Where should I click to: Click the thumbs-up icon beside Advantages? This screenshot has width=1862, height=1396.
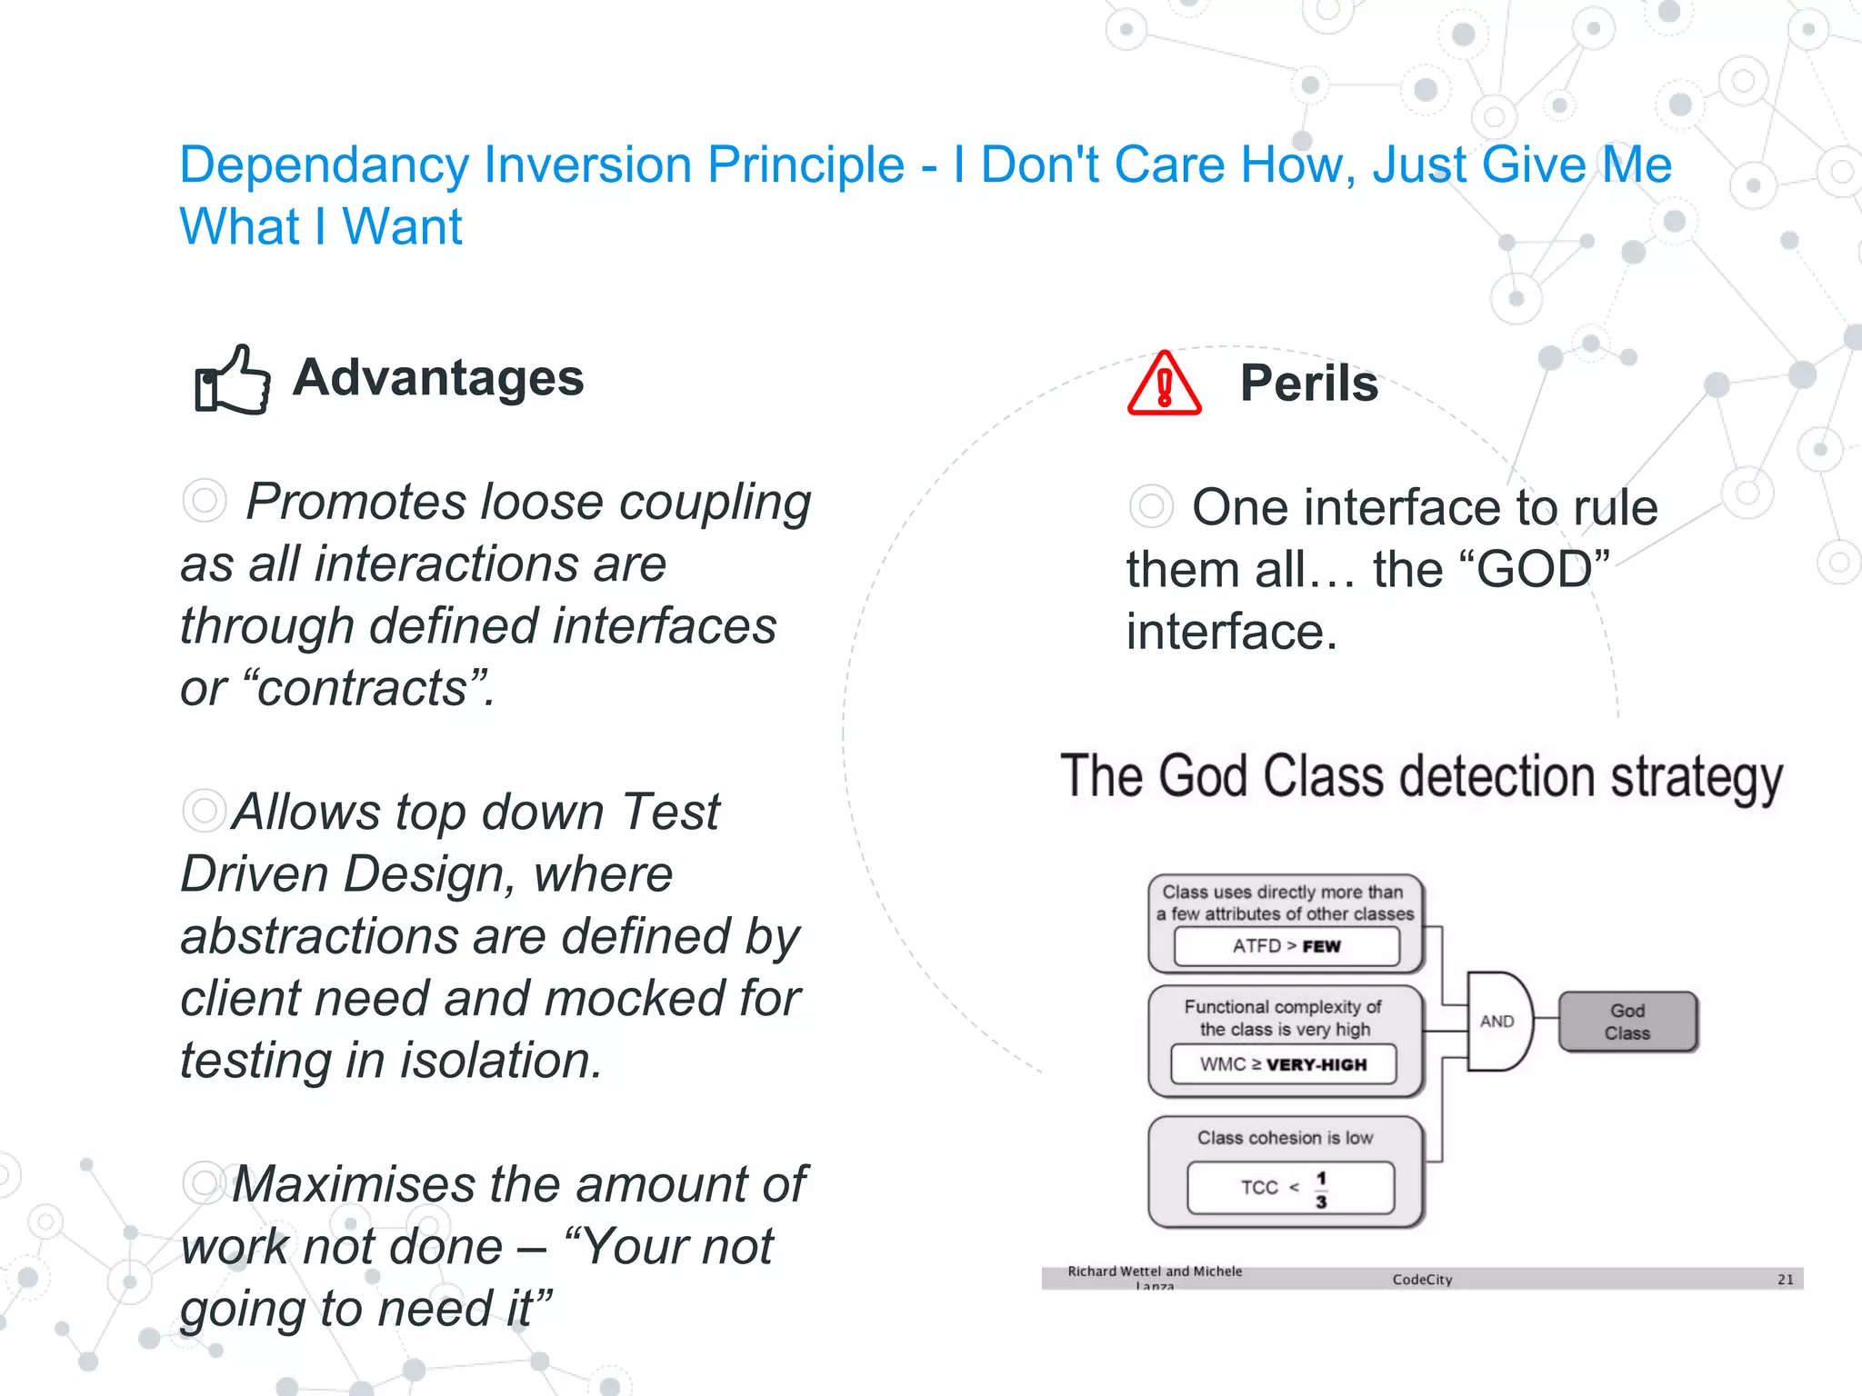pos(233,380)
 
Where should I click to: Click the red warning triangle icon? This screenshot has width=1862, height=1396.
pos(1164,385)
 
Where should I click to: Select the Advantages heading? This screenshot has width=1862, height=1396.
pos(437,377)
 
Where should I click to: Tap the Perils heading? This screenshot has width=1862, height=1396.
pos(1308,383)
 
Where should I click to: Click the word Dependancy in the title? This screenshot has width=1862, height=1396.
pos(324,165)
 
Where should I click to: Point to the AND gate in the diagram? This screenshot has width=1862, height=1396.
pos(1498,1021)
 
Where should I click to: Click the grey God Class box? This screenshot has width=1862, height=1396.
pos(1627,1022)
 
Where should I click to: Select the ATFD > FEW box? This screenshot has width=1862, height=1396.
pos(1286,946)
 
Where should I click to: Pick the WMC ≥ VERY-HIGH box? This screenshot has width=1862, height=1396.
pos(1283,1064)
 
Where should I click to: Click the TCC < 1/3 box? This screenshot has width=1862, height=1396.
pos(1289,1187)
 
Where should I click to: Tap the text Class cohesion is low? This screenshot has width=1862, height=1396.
pos(1285,1138)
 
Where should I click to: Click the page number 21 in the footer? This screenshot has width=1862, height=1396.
pos(1785,1280)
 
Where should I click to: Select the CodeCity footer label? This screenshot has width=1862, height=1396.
pos(1422,1280)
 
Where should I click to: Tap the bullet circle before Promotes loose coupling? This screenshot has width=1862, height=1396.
pos(204,501)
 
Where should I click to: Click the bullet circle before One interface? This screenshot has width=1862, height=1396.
pos(1150,506)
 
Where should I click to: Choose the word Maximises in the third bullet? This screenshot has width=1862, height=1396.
pos(354,1184)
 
